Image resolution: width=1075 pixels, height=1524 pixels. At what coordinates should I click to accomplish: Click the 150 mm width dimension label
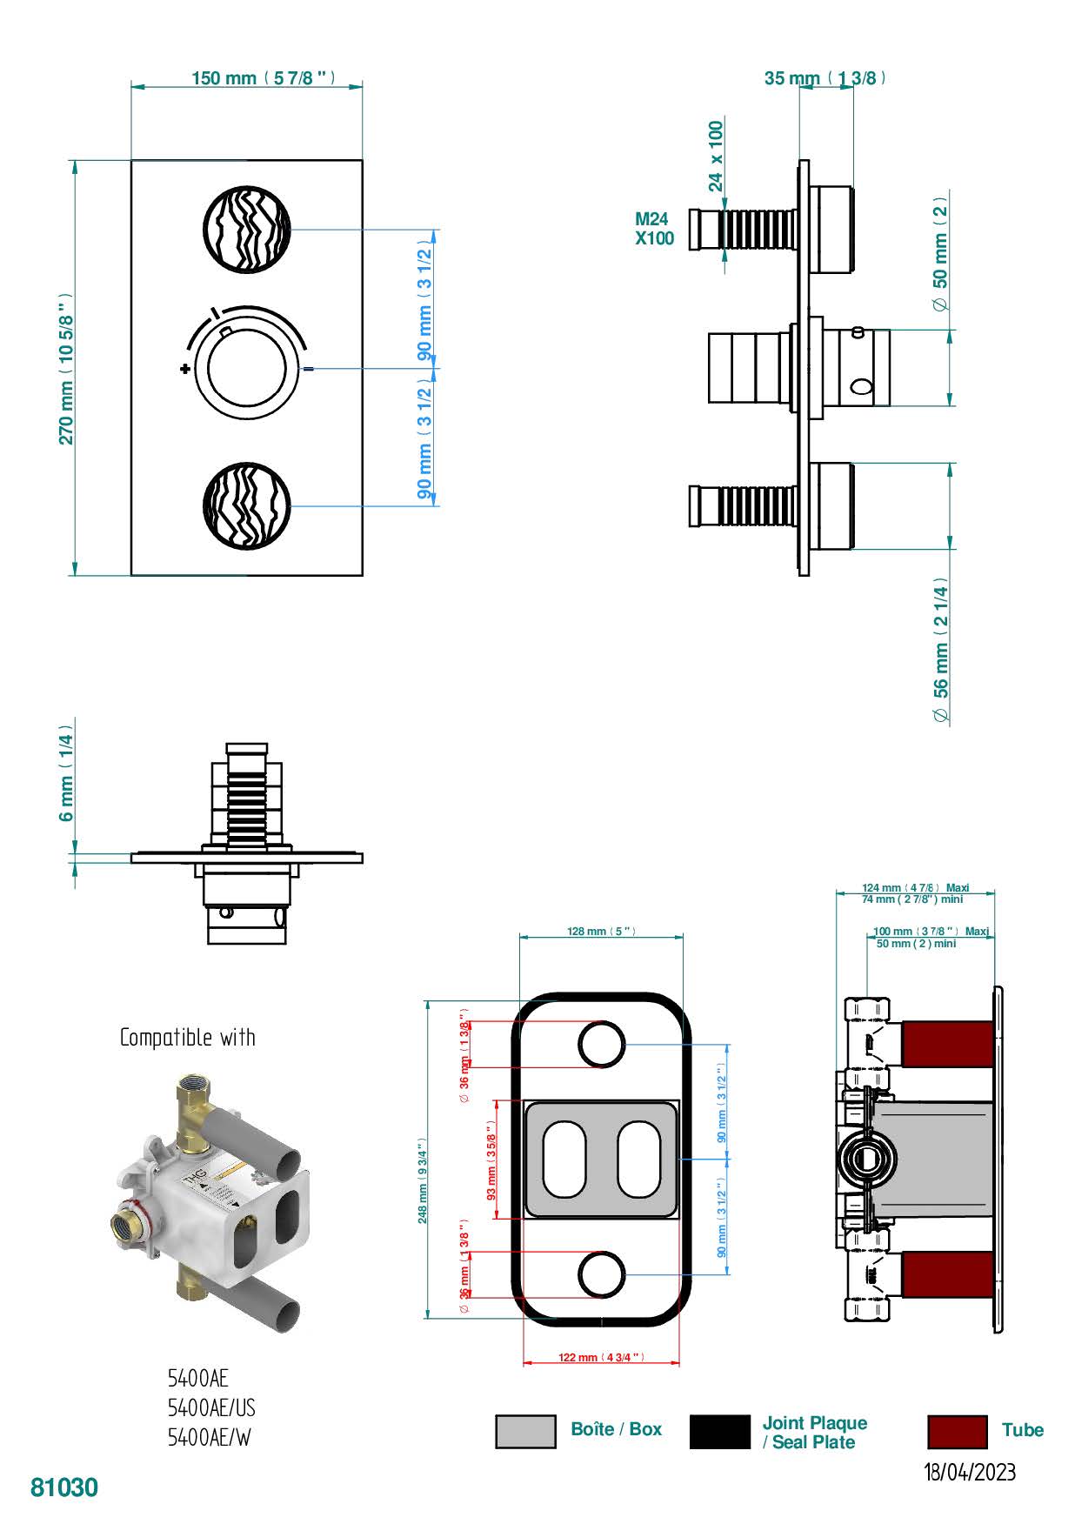(262, 78)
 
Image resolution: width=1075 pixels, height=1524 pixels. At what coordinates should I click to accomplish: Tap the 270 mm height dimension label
(66, 369)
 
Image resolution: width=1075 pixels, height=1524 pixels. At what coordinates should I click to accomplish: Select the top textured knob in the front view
(246, 229)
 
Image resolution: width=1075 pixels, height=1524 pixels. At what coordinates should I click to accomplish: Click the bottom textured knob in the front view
(246, 507)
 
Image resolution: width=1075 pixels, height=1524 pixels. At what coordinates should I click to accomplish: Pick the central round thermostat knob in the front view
(240, 369)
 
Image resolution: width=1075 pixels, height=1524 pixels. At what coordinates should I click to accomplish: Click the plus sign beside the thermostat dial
(184, 369)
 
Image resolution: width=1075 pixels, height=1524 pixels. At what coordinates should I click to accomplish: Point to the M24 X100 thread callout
(653, 230)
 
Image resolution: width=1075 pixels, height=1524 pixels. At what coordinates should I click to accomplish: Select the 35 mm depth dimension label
(825, 78)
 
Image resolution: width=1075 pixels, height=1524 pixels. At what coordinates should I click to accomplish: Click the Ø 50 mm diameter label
(940, 252)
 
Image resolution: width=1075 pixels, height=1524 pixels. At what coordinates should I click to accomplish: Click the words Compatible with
(188, 1038)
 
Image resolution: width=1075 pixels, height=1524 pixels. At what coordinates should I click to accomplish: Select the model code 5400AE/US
(211, 1408)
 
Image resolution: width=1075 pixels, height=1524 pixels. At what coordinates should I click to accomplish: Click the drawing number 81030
(64, 1488)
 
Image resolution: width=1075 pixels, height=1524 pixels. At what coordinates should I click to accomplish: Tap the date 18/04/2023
(969, 1473)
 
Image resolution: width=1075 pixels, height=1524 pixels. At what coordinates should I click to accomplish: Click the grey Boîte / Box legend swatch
(525, 1432)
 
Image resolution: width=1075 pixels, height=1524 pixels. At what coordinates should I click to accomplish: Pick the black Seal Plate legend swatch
(719, 1432)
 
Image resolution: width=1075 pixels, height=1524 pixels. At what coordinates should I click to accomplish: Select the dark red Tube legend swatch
(957, 1432)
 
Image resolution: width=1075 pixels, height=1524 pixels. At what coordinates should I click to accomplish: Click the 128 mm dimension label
(600, 932)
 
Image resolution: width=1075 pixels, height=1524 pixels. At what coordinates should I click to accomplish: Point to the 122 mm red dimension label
(600, 1358)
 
